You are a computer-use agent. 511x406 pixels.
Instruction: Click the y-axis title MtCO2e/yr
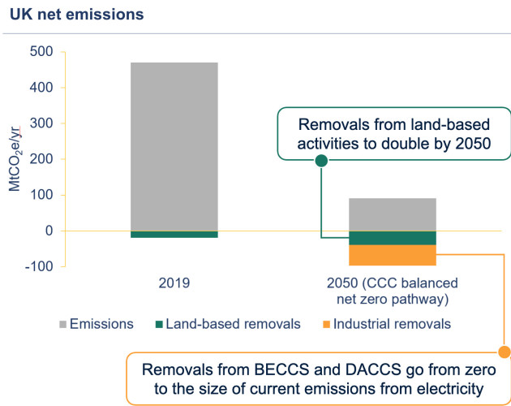[14, 158]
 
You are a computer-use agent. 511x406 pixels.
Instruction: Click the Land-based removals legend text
[224, 324]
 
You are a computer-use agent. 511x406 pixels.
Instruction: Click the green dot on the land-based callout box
[321, 160]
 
